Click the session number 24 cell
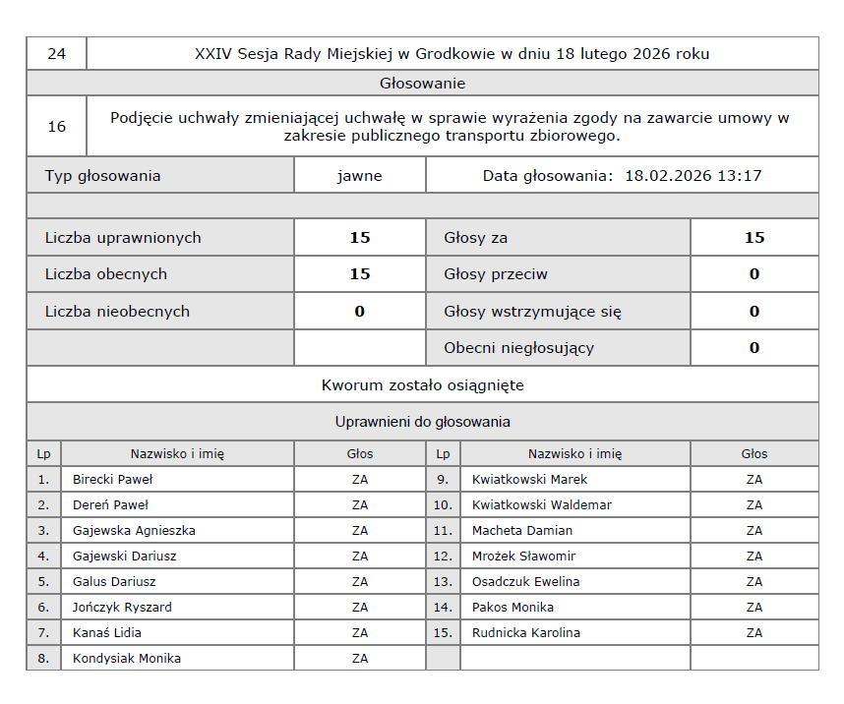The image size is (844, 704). coord(56,54)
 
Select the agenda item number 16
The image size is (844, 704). coord(56,127)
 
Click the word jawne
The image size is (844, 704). coord(359,176)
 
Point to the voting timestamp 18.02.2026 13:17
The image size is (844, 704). coord(693,176)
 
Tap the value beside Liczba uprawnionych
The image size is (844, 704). coord(359,238)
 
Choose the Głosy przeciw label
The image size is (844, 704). coord(496,274)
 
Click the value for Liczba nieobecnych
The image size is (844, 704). coord(359,312)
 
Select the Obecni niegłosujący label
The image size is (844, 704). coord(518,348)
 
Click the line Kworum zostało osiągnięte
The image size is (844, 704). coord(422,385)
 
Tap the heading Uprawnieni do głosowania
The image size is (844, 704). coord(422,422)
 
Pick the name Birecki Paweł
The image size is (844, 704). coord(112,480)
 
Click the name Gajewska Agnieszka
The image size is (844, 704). coord(134,531)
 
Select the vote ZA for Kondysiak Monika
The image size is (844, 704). coord(359,659)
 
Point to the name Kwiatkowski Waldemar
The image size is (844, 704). coord(541,505)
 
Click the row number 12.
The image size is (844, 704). coord(443,557)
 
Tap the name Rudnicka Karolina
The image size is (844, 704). coord(525,633)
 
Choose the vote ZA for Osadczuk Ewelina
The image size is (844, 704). coord(754,582)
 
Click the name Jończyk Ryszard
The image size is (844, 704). coord(122,608)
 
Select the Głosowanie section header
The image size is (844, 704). coord(422,84)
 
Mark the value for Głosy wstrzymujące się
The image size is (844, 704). coord(754,312)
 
